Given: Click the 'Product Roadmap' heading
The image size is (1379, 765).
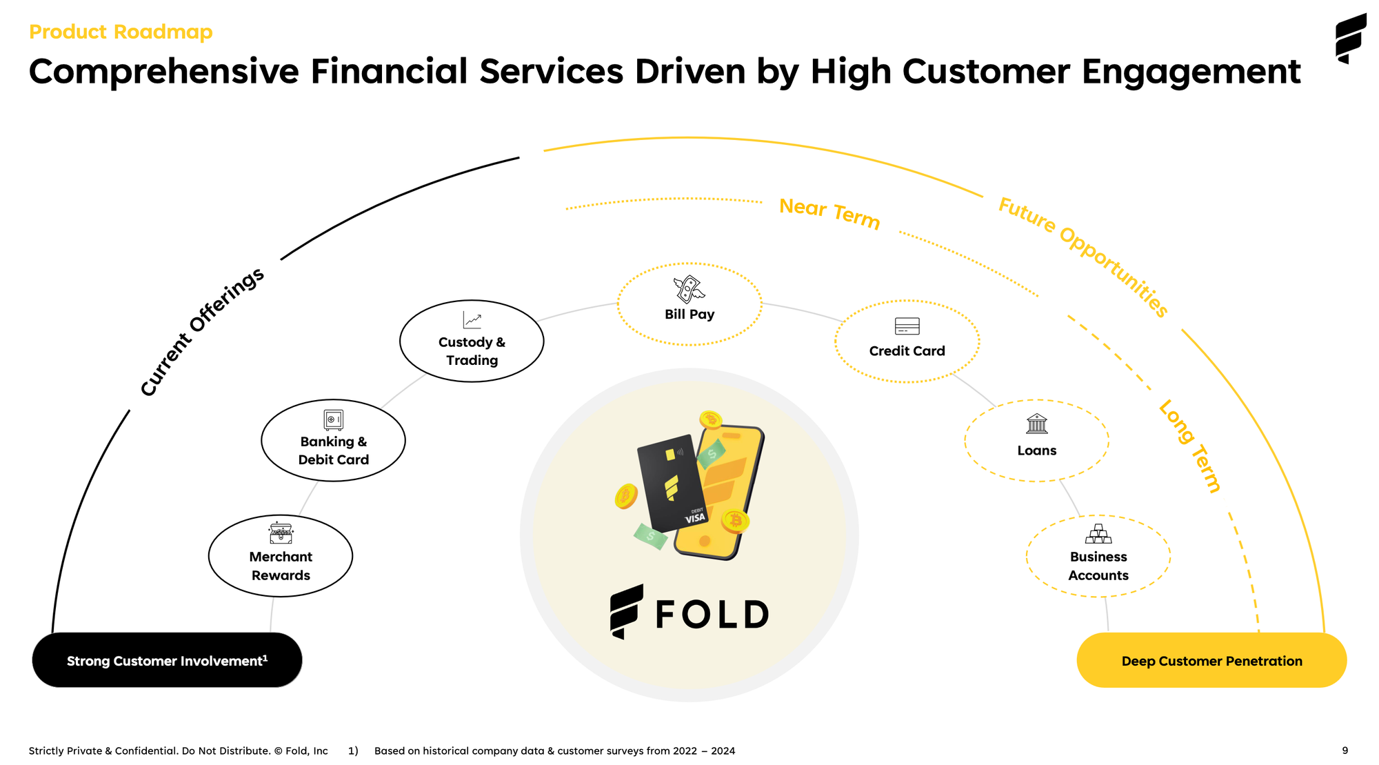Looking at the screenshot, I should (121, 32).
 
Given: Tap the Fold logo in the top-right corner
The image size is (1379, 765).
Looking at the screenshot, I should (1351, 38).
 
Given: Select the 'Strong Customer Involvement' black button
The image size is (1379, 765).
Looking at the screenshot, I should (167, 660).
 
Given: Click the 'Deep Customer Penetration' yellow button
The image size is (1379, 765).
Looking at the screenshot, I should (1211, 660).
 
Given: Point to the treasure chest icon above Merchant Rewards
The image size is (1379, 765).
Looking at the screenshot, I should (281, 533).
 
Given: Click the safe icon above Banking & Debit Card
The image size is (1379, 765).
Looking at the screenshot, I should (333, 419).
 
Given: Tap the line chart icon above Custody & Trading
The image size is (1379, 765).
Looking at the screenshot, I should (472, 320).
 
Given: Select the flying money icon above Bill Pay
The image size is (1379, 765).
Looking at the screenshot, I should (689, 289).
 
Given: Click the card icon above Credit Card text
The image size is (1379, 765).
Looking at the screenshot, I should (907, 326).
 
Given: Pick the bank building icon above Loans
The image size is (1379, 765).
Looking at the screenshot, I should (1036, 424).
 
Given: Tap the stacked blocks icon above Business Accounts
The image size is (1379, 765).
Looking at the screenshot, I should (1098, 534).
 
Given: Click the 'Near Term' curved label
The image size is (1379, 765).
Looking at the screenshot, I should (829, 213).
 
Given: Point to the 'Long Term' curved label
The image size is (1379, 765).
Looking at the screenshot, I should (1190, 446).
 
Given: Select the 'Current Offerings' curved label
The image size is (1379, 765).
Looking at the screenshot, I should (201, 332).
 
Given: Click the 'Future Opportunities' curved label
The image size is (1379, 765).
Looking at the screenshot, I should (1083, 256).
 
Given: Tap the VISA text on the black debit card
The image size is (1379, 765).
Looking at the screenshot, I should (695, 518).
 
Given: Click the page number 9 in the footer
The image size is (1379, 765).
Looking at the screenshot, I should (1345, 751).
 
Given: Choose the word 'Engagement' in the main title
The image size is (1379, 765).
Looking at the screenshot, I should (1191, 72).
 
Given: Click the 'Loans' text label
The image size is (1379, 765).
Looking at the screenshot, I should (1036, 450).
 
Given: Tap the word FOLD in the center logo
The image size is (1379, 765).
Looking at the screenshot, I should (712, 614).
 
